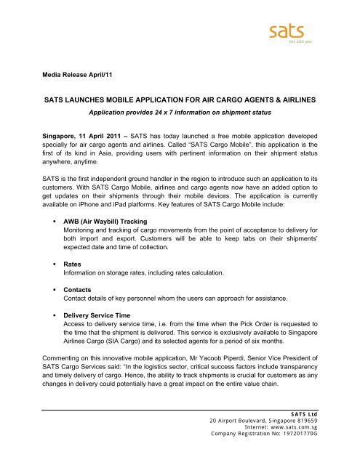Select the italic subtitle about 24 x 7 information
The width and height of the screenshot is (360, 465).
[x=180, y=114]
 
